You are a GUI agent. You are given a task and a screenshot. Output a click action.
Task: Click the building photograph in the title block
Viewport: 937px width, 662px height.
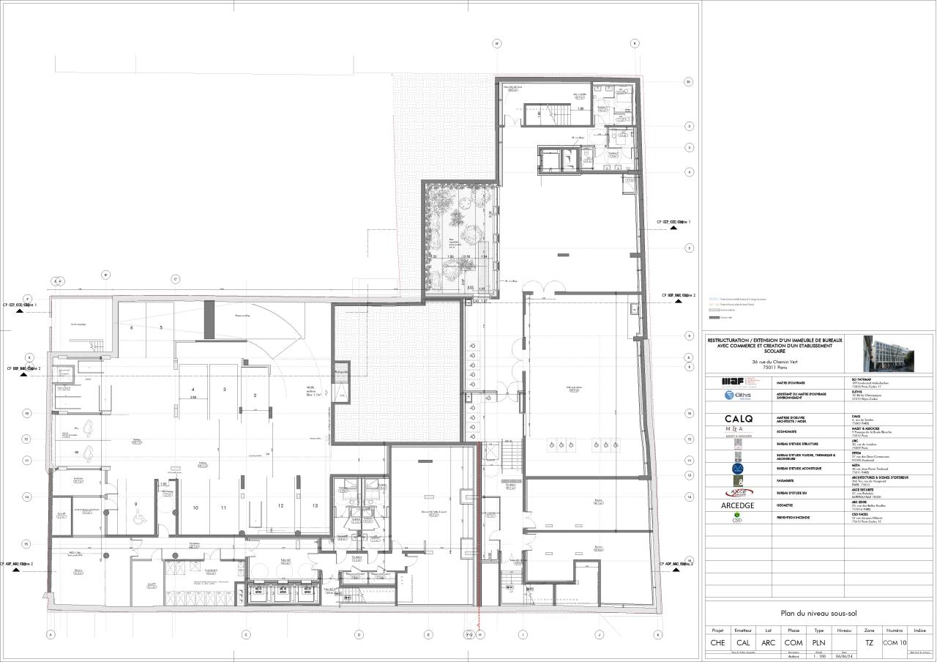(x=887, y=354)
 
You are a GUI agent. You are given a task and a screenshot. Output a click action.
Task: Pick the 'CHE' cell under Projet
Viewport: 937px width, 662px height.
(x=717, y=642)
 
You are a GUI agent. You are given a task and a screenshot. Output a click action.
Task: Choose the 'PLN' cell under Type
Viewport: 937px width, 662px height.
(x=818, y=642)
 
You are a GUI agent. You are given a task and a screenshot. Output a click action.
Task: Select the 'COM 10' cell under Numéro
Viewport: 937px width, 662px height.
(x=894, y=642)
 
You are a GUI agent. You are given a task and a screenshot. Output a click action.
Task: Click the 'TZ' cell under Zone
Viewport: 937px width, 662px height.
(x=869, y=642)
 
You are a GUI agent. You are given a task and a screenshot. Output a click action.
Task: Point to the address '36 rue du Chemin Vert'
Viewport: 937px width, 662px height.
(x=774, y=362)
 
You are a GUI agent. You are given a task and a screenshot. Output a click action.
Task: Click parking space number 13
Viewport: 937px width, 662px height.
(x=315, y=506)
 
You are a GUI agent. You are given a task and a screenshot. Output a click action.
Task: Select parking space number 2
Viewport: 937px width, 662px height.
(x=255, y=395)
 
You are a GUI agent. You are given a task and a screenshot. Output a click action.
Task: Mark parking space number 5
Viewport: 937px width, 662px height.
(x=160, y=328)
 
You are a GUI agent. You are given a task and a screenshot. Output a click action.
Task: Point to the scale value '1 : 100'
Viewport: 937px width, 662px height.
(x=818, y=656)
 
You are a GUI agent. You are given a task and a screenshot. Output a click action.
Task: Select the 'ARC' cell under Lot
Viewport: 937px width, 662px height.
(x=768, y=642)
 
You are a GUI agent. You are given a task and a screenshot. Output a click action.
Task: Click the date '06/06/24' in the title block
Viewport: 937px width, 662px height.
(x=843, y=656)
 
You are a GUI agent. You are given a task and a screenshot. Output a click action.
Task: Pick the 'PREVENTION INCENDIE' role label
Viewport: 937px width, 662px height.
(x=799, y=516)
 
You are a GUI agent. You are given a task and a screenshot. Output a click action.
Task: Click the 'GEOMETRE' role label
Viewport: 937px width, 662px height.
(x=791, y=505)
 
